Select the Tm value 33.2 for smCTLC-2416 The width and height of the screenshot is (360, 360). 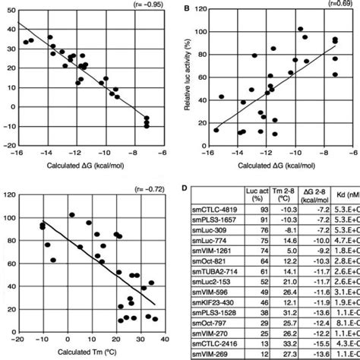(294, 344)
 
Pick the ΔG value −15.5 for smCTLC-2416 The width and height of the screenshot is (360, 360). (324, 344)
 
